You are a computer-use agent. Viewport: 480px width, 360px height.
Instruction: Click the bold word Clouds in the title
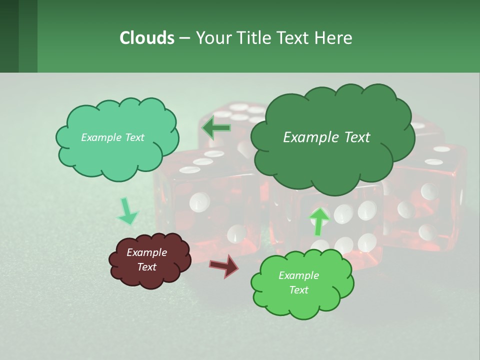146,37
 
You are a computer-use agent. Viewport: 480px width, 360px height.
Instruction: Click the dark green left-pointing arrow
216,128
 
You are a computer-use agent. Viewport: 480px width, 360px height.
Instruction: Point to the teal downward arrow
127,211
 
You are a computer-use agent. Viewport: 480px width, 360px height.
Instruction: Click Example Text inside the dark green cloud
326,137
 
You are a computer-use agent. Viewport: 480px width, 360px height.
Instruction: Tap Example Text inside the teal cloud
112,137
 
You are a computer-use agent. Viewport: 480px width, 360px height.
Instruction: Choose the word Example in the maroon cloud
146,252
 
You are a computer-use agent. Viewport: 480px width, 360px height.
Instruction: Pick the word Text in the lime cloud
298,290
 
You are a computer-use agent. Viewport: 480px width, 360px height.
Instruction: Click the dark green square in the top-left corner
9,36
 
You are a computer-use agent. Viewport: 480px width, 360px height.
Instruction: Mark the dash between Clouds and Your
184,38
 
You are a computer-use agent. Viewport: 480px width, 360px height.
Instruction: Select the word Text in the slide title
294,37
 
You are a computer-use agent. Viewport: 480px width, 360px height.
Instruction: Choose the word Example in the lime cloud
298,275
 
